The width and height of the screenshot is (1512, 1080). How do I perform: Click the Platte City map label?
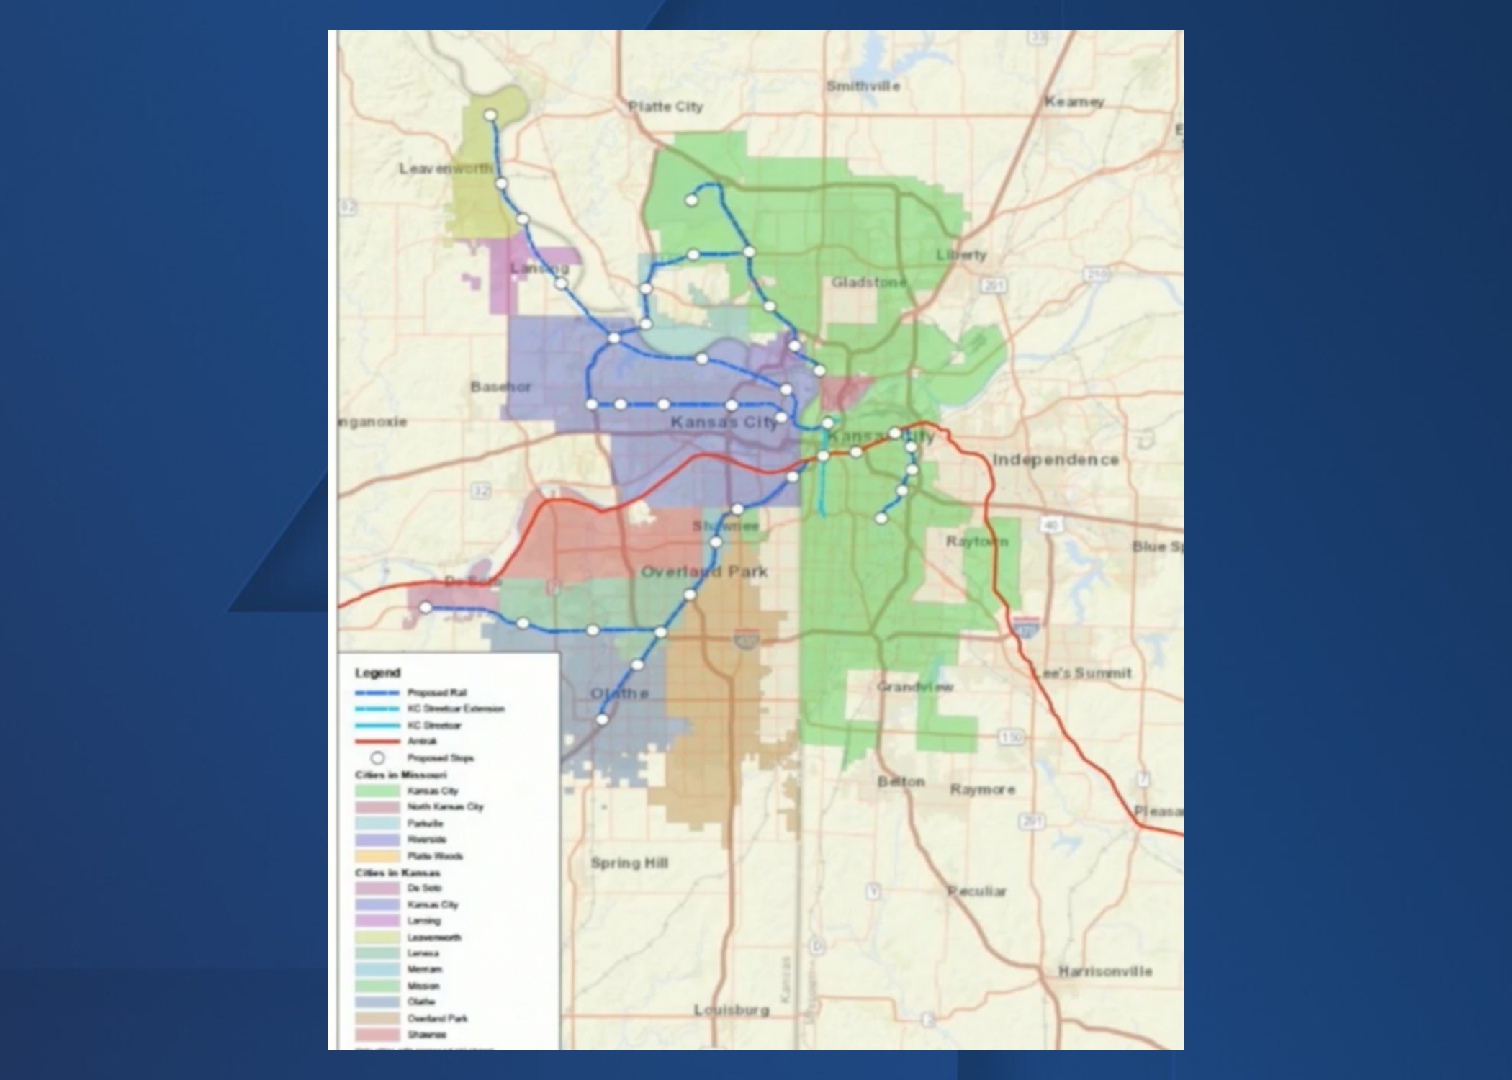pyautogui.click(x=665, y=107)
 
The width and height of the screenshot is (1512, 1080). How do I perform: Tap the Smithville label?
pyautogui.click(x=863, y=86)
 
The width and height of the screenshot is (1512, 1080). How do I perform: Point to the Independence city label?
pyautogui.click(x=1056, y=459)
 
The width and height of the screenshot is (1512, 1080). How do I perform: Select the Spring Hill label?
pyautogui.click(x=629, y=863)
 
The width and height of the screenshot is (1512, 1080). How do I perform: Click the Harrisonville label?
pyautogui.click(x=1104, y=971)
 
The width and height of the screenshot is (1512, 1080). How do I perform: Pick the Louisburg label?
pyautogui.click(x=732, y=1010)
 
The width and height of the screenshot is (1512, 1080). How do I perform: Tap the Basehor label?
pyautogui.click(x=501, y=387)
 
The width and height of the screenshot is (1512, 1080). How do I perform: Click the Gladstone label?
pyautogui.click(x=869, y=282)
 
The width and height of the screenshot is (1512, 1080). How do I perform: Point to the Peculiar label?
pyautogui.click(x=976, y=891)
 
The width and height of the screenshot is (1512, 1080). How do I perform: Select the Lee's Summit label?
pyautogui.click(x=1082, y=673)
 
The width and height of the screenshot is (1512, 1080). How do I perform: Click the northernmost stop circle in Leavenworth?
pyautogui.click(x=490, y=115)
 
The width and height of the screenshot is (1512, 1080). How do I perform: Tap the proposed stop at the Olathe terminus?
pyautogui.click(x=603, y=719)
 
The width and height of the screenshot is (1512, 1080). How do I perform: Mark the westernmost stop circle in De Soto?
pyautogui.click(x=426, y=608)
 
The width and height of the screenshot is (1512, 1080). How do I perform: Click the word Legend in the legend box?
pyautogui.click(x=377, y=672)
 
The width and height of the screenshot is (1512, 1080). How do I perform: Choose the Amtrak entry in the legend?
pyautogui.click(x=422, y=741)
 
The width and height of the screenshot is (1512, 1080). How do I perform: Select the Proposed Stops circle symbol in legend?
pyautogui.click(x=377, y=757)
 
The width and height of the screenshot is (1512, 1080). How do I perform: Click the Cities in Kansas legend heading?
pyautogui.click(x=397, y=873)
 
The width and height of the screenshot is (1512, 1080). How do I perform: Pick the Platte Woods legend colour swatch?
pyautogui.click(x=377, y=856)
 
